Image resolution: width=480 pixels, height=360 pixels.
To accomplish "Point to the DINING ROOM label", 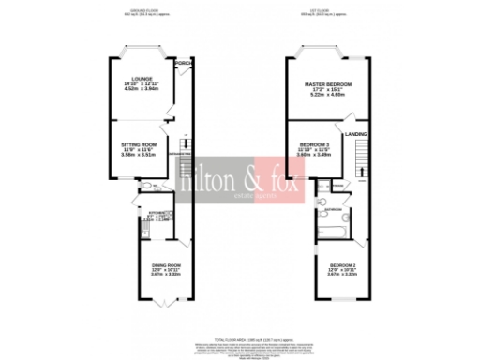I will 166,266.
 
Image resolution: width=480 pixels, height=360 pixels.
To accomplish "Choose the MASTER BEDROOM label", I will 327,85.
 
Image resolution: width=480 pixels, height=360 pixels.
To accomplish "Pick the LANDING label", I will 356,134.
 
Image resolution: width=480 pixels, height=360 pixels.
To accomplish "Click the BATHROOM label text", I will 332,210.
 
